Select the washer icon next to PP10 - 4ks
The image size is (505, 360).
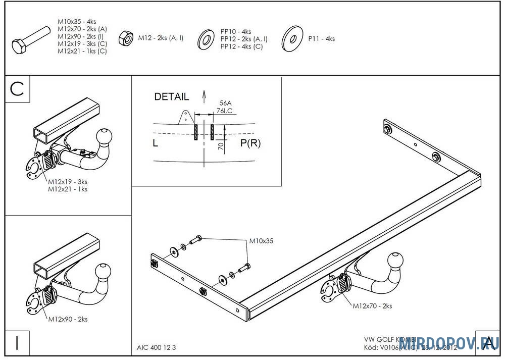[206, 38]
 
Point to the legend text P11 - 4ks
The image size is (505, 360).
[321, 39]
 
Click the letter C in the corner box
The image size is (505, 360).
[18, 89]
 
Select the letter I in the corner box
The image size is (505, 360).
[18, 343]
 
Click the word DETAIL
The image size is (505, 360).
[171, 96]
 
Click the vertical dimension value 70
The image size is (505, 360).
[221, 146]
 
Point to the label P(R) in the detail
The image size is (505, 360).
[250, 143]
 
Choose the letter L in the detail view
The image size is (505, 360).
[156, 143]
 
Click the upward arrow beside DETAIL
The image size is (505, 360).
[204, 95]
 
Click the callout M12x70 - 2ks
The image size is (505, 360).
[372, 305]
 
